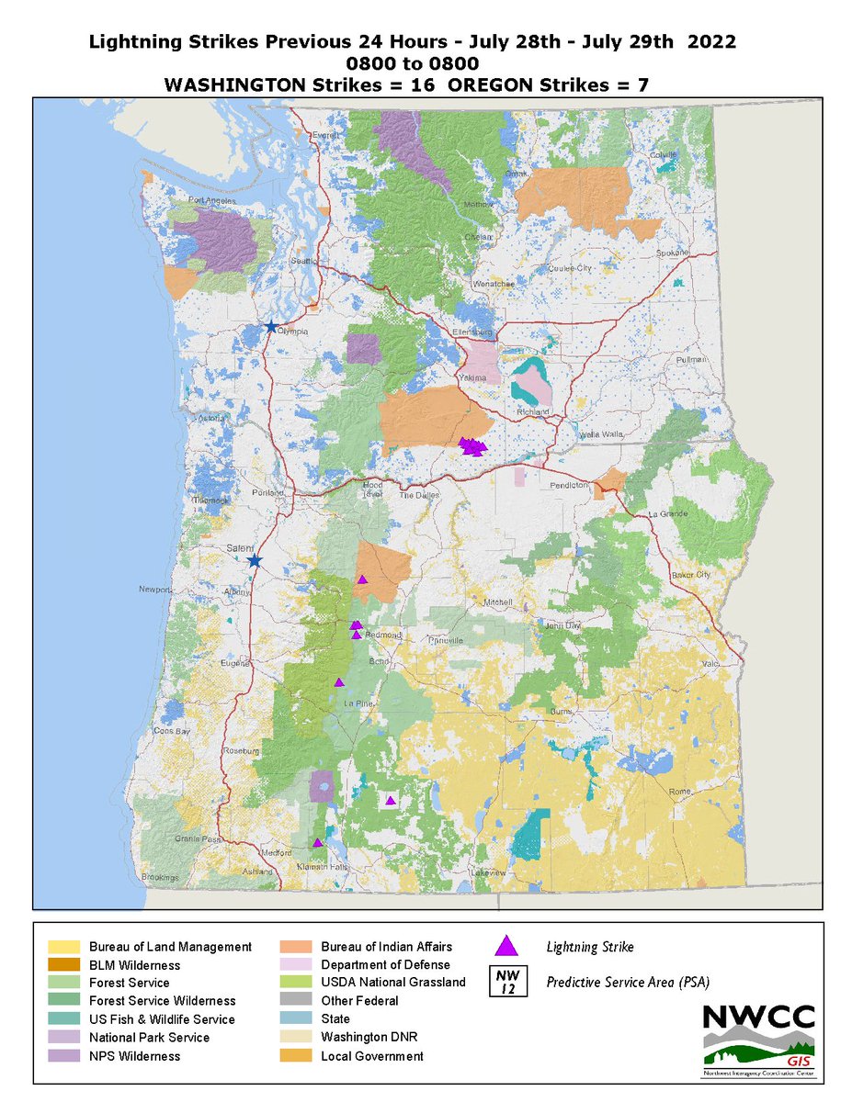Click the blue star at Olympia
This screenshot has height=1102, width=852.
(x=270, y=327)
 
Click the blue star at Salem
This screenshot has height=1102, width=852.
(x=255, y=560)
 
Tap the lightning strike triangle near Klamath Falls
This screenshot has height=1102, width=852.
(x=318, y=842)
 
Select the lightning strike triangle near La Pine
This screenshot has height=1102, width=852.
(x=339, y=682)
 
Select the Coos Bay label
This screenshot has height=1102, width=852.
(x=172, y=731)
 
